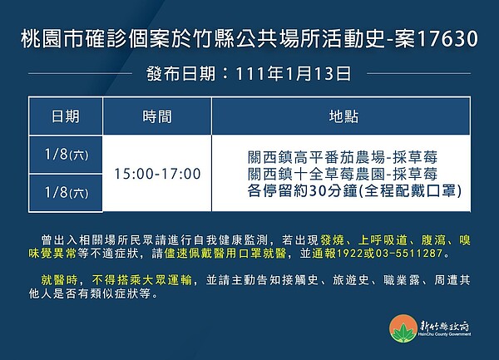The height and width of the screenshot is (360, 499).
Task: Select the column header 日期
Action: [67, 116]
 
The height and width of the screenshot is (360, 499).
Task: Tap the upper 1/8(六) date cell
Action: [67, 155]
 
